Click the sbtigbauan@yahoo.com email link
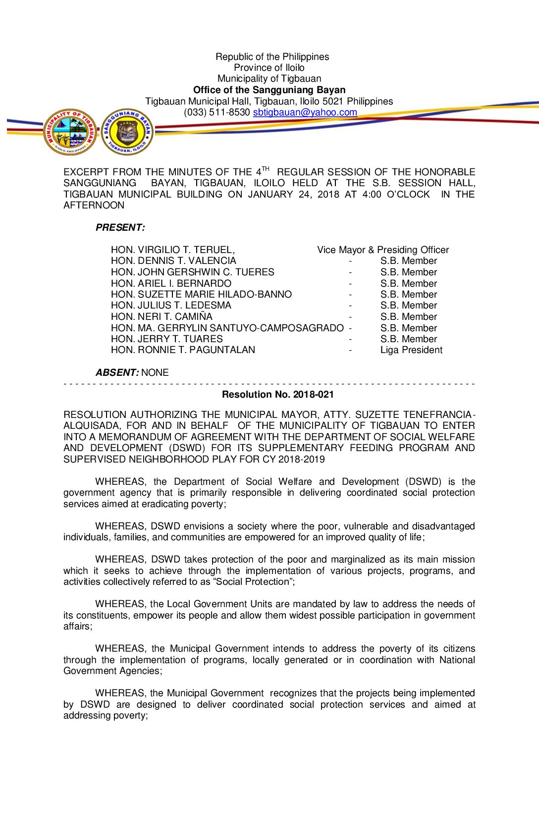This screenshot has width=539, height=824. (305, 112)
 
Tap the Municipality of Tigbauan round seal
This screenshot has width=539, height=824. (69, 132)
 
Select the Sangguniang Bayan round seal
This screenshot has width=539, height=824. (127, 132)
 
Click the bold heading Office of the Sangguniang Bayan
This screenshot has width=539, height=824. (269, 90)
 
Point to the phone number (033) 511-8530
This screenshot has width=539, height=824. (216, 112)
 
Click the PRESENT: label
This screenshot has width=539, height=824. (120, 227)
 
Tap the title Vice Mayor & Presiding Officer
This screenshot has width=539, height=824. (383, 250)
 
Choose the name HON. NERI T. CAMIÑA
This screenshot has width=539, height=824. (162, 316)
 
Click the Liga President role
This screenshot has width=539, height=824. (411, 350)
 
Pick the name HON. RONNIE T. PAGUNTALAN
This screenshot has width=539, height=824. (183, 350)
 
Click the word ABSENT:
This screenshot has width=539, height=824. (117, 372)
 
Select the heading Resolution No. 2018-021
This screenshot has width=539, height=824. (278, 395)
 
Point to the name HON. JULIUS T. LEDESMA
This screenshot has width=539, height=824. (171, 306)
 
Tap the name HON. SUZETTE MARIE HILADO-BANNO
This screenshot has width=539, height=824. (201, 294)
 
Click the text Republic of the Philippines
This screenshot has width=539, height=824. (272, 56)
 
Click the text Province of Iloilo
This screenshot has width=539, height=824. (269, 67)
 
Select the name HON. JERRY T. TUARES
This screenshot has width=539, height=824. (166, 339)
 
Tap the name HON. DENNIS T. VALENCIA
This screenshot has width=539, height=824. (173, 261)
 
